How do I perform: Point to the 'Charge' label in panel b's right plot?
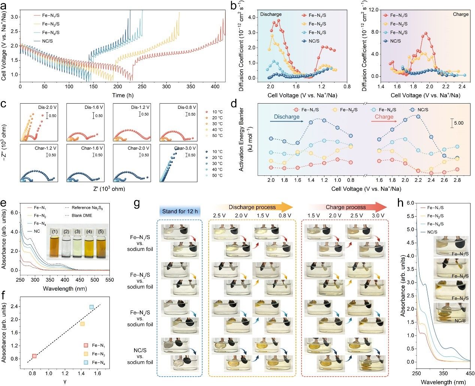[460, 14]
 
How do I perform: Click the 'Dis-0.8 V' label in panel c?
[187, 107]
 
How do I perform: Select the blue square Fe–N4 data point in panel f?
[91, 307]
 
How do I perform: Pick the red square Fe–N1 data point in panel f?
[34, 356]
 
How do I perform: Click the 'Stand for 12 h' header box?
[180, 211]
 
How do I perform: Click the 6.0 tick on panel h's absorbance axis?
[410, 203]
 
